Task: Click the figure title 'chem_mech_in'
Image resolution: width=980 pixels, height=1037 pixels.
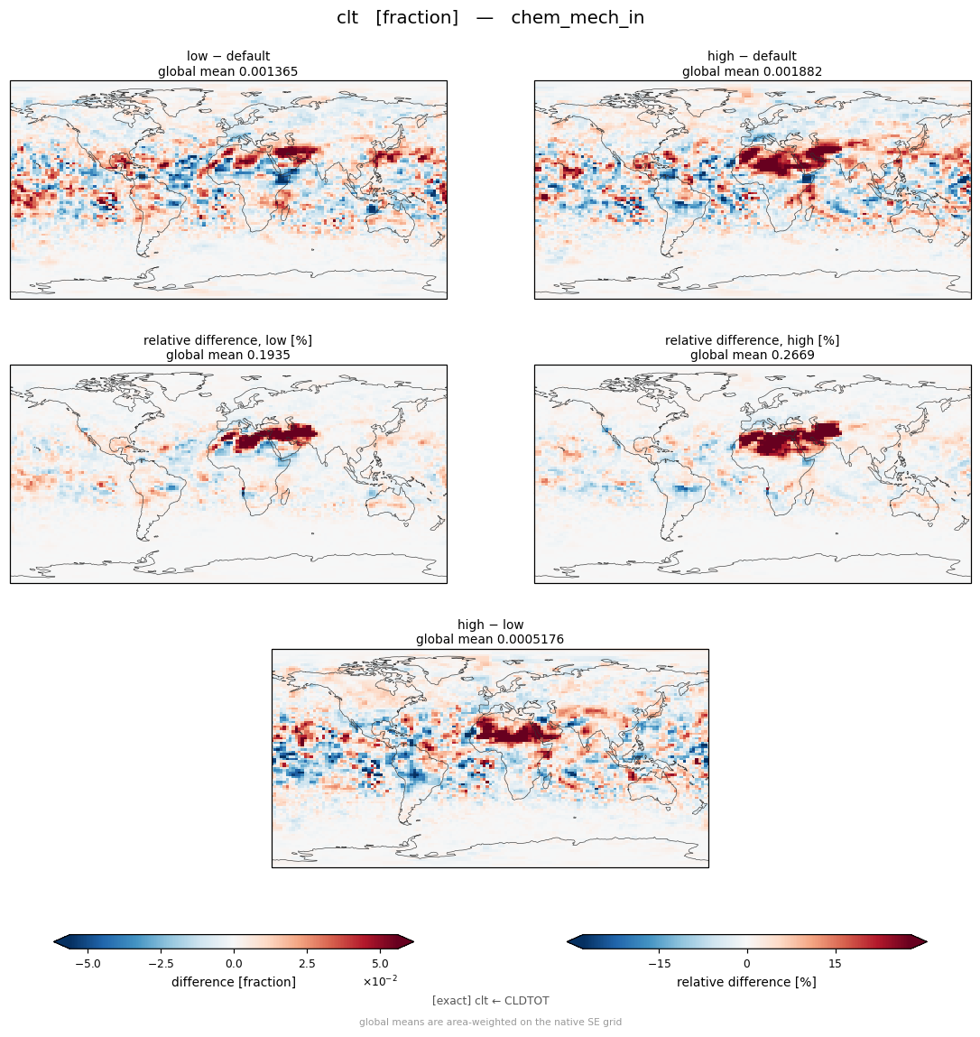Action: click(578, 18)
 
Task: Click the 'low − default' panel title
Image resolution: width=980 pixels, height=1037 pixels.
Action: click(228, 56)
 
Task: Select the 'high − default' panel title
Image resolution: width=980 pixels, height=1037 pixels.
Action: click(752, 56)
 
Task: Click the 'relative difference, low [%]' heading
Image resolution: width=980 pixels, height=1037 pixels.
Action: click(227, 340)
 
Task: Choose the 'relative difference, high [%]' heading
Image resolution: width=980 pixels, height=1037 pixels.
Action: click(752, 340)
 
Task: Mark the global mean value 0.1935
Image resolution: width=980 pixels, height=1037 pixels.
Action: click(269, 356)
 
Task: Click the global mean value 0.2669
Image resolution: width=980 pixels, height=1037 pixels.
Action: click(793, 356)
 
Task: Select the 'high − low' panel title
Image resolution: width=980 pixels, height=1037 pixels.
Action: click(490, 625)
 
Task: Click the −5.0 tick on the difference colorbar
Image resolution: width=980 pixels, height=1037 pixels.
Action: click(88, 964)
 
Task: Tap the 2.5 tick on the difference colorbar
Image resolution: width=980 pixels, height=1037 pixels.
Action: click(307, 964)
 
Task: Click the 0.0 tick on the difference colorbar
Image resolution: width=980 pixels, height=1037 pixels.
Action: click(234, 964)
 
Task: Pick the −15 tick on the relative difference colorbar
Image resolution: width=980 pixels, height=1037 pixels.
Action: click(660, 964)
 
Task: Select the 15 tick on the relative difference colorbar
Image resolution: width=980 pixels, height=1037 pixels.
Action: click(836, 964)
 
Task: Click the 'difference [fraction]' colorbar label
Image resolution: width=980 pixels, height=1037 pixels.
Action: click(234, 982)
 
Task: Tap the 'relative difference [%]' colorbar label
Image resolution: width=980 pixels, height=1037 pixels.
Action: click(746, 982)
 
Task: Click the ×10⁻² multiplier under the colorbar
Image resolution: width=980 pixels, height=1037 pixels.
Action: click(380, 981)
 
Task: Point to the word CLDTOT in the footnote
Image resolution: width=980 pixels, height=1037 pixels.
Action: click(526, 1001)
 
